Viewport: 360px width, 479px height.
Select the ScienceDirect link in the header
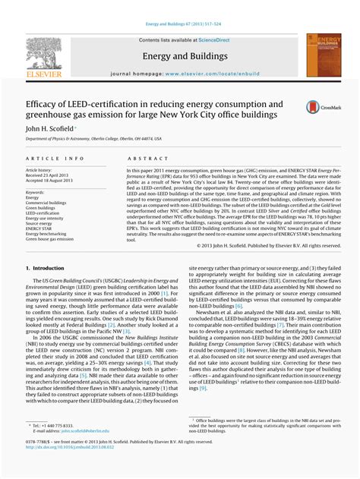click(213, 39)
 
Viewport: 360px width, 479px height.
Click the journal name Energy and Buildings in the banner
click(179, 55)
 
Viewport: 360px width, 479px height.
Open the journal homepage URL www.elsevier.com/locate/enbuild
click(210, 75)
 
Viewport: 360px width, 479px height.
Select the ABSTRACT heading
click(142, 158)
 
